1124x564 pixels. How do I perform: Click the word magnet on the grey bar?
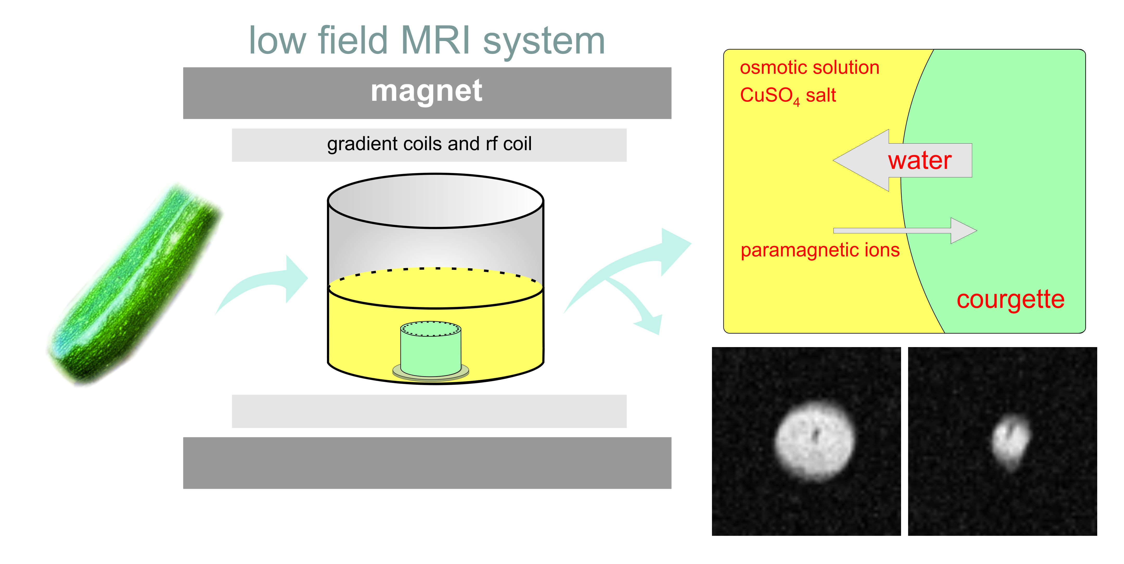click(426, 91)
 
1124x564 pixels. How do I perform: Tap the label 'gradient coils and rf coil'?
click(429, 144)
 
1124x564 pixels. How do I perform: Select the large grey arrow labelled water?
click(902, 160)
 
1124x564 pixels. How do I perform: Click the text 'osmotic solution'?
click(810, 68)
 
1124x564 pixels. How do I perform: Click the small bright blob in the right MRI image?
click(1011, 441)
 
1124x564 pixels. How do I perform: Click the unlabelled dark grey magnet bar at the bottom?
click(427, 463)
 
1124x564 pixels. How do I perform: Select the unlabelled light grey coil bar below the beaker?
click(429, 411)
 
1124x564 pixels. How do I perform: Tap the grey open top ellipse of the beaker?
click(435, 201)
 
